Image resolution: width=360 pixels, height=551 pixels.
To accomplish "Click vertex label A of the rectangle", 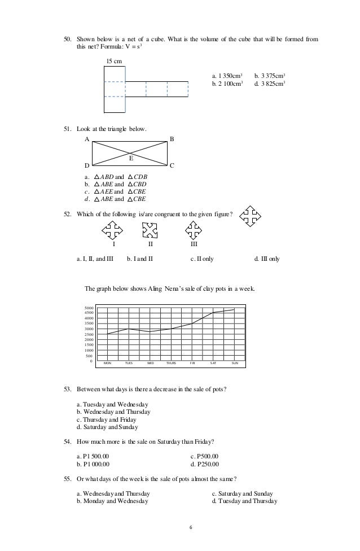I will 87,138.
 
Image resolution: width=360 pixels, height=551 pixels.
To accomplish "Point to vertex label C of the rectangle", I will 172,166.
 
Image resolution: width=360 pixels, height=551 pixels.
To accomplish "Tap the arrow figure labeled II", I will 150,231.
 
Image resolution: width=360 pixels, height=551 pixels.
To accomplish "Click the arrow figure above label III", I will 194,230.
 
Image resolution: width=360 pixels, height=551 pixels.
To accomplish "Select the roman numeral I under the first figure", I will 113,245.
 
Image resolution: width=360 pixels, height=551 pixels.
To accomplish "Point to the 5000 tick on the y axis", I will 88,308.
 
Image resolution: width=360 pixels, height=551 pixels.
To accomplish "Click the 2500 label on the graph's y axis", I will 88,334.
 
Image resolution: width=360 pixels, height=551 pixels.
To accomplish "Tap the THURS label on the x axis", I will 171,363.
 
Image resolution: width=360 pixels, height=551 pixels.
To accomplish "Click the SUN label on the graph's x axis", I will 235,363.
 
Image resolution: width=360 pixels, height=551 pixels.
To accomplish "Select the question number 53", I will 67,390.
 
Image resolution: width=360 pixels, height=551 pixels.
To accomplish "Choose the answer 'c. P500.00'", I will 205,456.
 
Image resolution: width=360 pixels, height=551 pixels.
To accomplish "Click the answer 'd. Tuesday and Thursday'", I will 240,501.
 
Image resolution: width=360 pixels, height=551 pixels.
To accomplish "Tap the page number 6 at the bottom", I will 191,528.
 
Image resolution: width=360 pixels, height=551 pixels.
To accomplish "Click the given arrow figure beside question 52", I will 250,215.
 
